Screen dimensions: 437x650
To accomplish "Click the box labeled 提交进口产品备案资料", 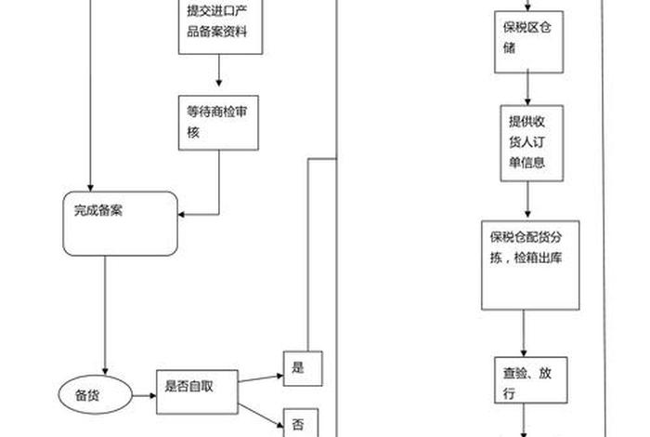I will coord(218,26).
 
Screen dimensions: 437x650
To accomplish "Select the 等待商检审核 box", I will coord(218,122).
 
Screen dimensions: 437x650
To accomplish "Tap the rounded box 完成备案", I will coord(119,224).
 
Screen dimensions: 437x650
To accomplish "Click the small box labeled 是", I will coord(302,367).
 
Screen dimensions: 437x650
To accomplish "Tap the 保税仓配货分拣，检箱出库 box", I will coord(530,265).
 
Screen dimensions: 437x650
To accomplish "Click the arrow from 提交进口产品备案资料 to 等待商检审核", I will coord(218,73).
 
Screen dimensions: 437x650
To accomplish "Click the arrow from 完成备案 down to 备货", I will coord(105,316).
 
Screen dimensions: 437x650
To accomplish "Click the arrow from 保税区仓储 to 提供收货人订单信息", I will coord(528,88).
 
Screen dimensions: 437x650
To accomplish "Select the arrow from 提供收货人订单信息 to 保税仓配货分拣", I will coord(528,200).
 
